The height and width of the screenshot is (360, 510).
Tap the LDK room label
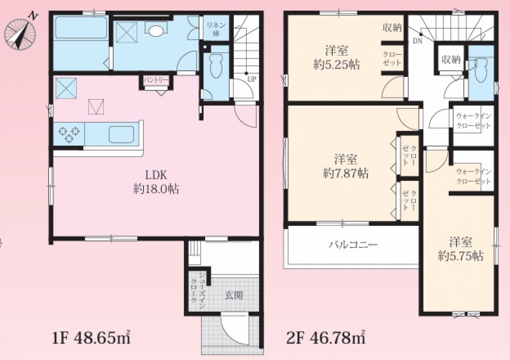[156, 175]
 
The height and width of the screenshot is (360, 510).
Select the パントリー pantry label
[156, 80]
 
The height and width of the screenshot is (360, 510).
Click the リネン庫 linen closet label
[216, 30]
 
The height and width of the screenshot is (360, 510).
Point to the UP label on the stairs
[251, 79]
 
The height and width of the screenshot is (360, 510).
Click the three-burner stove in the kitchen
[69, 134]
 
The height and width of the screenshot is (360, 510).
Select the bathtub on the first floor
[81, 28]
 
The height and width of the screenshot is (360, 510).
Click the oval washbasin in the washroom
[156, 31]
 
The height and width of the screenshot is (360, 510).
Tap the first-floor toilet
[216, 66]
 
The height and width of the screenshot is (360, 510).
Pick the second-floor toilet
[481, 70]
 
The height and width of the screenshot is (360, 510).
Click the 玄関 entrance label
[234, 295]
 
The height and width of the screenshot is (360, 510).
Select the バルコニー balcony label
[353, 245]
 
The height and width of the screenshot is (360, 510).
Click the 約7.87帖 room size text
[345, 174]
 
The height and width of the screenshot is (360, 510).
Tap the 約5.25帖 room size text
[337, 65]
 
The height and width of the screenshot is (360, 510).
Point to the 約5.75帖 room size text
[460, 256]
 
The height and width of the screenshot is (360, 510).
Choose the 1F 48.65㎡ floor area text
[91, 339]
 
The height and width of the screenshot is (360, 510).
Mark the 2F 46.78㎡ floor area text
[326, 339]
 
